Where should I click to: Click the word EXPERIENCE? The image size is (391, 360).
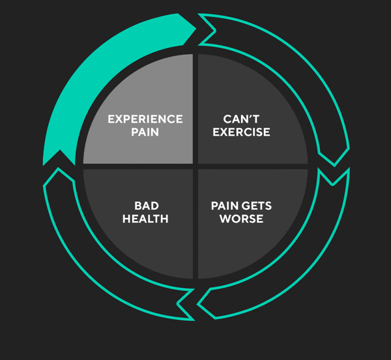pos(145,119)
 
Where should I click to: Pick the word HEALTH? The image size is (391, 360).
pos(145,219)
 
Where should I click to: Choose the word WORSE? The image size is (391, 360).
pos(241,219)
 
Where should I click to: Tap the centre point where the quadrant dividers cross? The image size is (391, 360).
pos(195,166)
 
